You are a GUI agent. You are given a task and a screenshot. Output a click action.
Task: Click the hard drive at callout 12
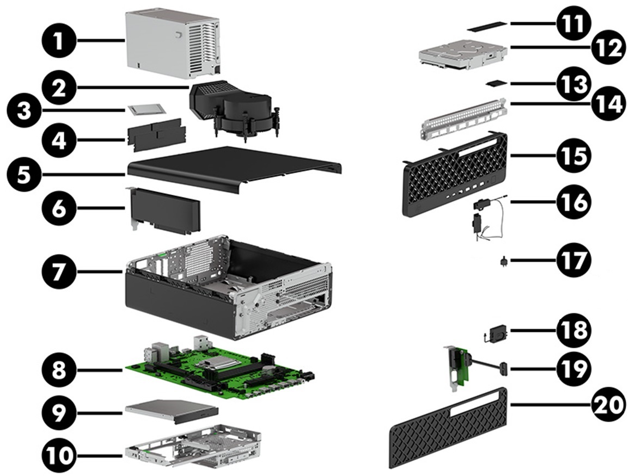point(463,54)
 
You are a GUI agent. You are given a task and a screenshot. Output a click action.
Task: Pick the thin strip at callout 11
point(489,24)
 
